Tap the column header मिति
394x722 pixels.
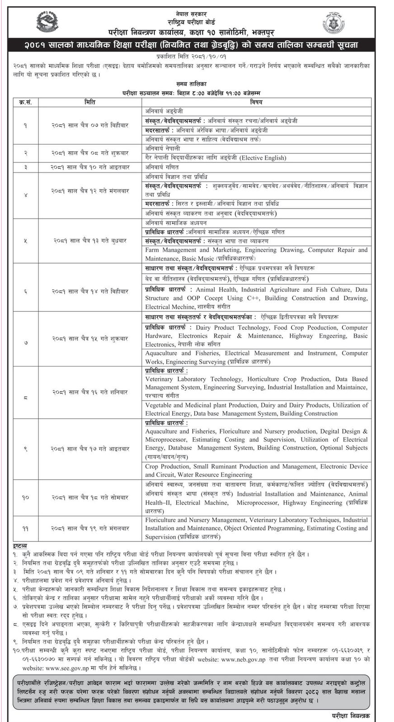coord(90,102)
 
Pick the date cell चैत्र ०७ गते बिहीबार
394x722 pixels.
coord(90,125)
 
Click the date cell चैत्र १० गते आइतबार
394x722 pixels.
coord(90,167)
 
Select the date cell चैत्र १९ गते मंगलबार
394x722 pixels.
coord(90,528)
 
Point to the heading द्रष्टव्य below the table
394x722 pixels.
coord(20,546)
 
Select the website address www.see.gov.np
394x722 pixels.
coord(66,667)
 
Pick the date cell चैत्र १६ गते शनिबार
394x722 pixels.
coord(90,392)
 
